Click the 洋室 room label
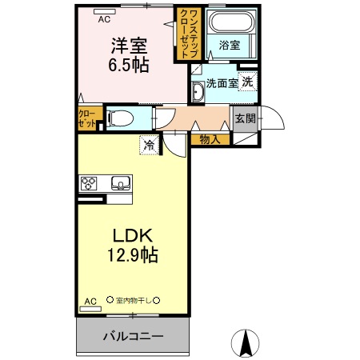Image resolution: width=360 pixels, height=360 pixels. tap(127, 47)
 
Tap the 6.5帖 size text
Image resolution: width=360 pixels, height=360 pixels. tap(127, 66)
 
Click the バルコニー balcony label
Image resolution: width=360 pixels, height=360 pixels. tap(133, 336)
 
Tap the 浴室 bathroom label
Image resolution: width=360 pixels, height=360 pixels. tap(229, 46)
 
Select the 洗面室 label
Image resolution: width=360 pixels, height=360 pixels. tap(221, 83)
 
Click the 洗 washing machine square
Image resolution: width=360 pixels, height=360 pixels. tap(248, 82)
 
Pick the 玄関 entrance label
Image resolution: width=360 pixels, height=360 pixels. tap(245, 119)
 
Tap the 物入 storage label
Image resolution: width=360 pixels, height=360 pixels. tap(210, 139)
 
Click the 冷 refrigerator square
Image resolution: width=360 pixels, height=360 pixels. tap(150, 145)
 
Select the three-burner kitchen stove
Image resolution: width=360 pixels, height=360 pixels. tap(88, 183)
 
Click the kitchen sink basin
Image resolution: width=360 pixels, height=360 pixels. tap(121, 183)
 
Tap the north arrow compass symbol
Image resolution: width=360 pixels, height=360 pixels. tap(246, 344)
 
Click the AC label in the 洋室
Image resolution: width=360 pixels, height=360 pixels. tap(105, 13)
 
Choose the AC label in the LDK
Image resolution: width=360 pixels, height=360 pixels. tap(90, 302)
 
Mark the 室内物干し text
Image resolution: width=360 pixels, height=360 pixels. tap(133, 301)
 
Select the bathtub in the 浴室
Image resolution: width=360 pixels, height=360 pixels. tap(229, 25)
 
